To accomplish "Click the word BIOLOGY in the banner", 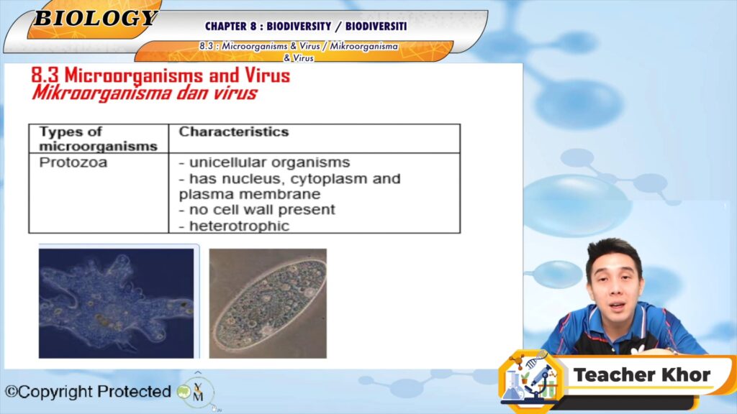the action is tap(96, 18).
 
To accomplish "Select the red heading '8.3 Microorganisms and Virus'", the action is tap(160, 75).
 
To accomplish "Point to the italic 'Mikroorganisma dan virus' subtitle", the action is tap(144, 93).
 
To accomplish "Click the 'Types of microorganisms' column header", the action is tap(98, 139).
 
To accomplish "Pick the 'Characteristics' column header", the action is tap(234, 132).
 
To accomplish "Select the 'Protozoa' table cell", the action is tap(73, 162).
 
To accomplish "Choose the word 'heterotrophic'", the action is tap(239, 226).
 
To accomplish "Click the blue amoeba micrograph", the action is tap(116, 303).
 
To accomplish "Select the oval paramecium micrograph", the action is tap(268, 303).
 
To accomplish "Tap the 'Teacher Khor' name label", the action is tap(641, 374).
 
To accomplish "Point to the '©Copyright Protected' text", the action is tap(88, 391).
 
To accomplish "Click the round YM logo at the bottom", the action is tap(198, 391).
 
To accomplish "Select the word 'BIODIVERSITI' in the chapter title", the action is tap(376, 27).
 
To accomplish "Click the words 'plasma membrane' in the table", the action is tap(250, 194).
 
